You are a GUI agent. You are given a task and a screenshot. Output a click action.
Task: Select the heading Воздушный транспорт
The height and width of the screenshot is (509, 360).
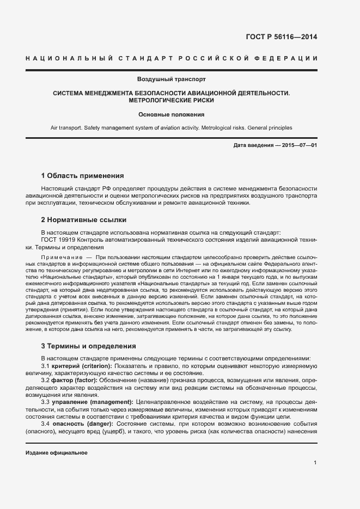[x=171, y=79]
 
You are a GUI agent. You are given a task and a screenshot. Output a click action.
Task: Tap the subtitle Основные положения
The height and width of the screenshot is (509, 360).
[x=171, y=115]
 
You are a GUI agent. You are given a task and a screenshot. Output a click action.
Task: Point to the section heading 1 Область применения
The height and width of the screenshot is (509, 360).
[x=82, y=176]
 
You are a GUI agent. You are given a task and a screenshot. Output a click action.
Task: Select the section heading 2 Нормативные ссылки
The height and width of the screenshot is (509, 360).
[x=84, y=220]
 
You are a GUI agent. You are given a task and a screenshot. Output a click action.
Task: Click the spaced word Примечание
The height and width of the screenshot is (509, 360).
[x=60, y=256]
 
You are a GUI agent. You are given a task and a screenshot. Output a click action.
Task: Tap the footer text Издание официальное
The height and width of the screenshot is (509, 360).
[x=56, y=453]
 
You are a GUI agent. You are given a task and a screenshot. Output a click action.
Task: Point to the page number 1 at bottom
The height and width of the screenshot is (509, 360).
[x=315, y=463]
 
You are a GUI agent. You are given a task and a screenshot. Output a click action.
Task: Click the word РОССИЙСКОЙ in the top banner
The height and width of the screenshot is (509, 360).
[x=208, y=58]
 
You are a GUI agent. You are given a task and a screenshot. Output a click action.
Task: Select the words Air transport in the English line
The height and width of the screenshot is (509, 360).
[x=66, y=127]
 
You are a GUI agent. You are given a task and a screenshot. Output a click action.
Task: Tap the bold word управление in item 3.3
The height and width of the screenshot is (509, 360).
[x=68, y=402]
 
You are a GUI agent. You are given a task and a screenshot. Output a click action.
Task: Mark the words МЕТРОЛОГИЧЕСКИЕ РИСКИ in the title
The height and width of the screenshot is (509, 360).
[x=171, y=101]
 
